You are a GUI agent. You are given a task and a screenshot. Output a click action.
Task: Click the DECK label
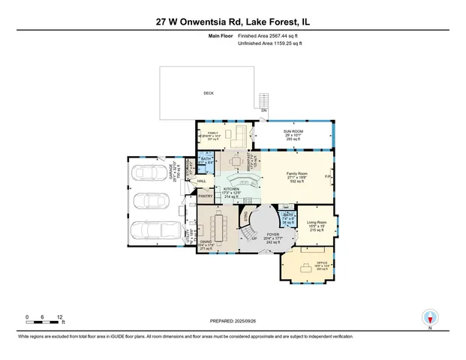[x=209, y=94]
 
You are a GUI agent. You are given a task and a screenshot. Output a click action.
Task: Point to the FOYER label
[x=273, y=235]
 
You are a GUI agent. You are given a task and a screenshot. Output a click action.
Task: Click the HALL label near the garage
[x=201, y=181]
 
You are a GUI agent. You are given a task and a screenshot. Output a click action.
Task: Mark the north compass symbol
[x=430, y=317]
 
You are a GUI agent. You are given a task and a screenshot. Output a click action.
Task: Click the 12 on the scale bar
[x=60, y=317]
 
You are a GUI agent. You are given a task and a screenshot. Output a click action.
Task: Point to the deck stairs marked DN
[x=263, y=100]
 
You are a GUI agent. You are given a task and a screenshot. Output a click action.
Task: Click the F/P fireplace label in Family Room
[x=327, y=176]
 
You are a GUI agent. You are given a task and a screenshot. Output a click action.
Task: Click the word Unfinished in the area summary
[x=251, y=44]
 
